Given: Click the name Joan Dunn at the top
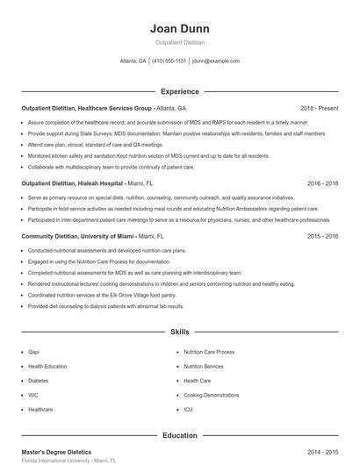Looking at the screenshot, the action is (x=179, y=29).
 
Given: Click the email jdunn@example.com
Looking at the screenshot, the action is (x=215, y=61).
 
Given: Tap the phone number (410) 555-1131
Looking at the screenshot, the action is (x=169, y=61).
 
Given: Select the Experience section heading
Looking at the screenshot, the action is (x=179, y=91).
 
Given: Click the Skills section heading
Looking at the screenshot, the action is (x=179, y=333).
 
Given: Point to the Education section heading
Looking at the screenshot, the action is (x=179, y=435).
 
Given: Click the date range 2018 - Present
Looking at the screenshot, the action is (x=319, y=108).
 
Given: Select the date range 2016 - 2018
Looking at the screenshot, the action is (x=322, y=184).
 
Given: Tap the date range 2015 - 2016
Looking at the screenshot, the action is (x=322, y=236).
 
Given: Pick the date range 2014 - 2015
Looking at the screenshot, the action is (x=322, y=451).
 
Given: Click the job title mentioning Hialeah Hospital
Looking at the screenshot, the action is (x=86, y=184).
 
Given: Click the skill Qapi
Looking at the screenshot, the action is (x=34, y=352).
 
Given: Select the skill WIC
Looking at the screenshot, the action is (x=33, y=396).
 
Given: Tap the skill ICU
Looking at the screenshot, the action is (x=188, y=410).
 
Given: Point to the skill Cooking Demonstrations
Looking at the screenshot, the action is (x=211, y=396).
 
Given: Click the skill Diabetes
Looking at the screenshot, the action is (x=39, y=381).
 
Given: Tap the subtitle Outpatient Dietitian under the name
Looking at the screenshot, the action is (x=179, y=43).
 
